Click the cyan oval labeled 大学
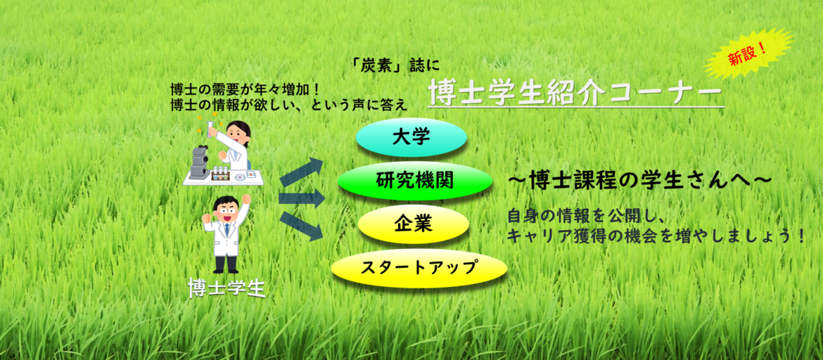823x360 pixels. [412, 138]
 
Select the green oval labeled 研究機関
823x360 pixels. [415, 181]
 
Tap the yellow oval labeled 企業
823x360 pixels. [413, 224]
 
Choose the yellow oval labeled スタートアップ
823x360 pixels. [419, 268]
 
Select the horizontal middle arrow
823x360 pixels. [302, 199]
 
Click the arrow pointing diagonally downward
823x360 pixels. [302, 226]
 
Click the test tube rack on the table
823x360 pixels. [222, 175]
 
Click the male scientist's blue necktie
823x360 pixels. [227, 229]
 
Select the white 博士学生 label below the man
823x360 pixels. [227, 287]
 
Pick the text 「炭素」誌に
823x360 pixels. [397, 67]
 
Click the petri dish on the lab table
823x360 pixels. [241, 177]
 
